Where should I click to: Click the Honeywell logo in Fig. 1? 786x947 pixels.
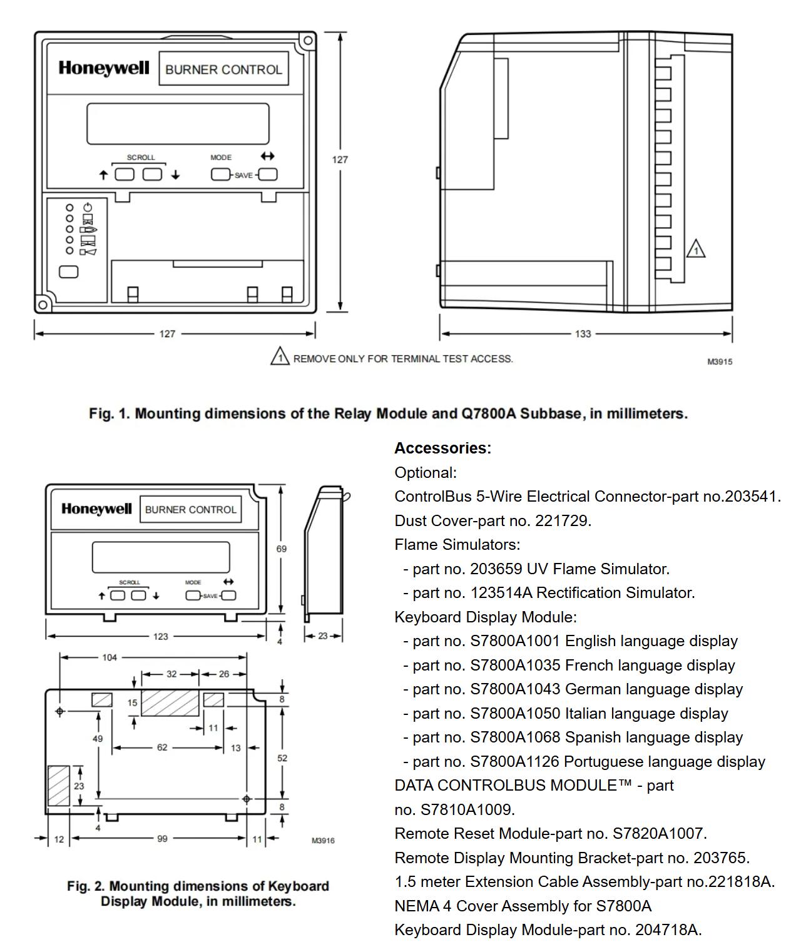(x=104, y=68)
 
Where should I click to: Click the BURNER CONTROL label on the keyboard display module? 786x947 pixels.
(x=190, y=510)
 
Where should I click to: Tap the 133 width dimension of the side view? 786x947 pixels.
(x=583, y=334)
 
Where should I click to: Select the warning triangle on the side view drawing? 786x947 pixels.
(x=695, y=250)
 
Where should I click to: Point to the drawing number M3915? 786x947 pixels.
(x=720, y=362)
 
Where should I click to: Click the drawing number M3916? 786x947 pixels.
(x=323, y=840)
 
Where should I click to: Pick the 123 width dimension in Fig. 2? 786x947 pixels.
(x=160, y=636)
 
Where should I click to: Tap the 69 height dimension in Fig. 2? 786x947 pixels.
(x=282, y=549)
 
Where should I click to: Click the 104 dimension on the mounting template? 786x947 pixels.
(x=110, y=657)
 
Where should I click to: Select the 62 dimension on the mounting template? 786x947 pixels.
(x=162, y=747)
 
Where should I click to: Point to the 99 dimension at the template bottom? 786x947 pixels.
(x=162, y=839)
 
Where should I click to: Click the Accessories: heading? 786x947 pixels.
(x=442, y=448)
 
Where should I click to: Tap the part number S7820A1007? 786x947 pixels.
(x=658, y=834)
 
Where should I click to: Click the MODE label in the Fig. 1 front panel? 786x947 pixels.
(x=221, y=158)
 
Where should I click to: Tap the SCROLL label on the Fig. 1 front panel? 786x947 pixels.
(x=141, y=158)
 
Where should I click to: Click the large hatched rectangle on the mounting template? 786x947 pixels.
(x=170, y=703)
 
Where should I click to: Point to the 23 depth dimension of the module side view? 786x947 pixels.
(x=323, y=636)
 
